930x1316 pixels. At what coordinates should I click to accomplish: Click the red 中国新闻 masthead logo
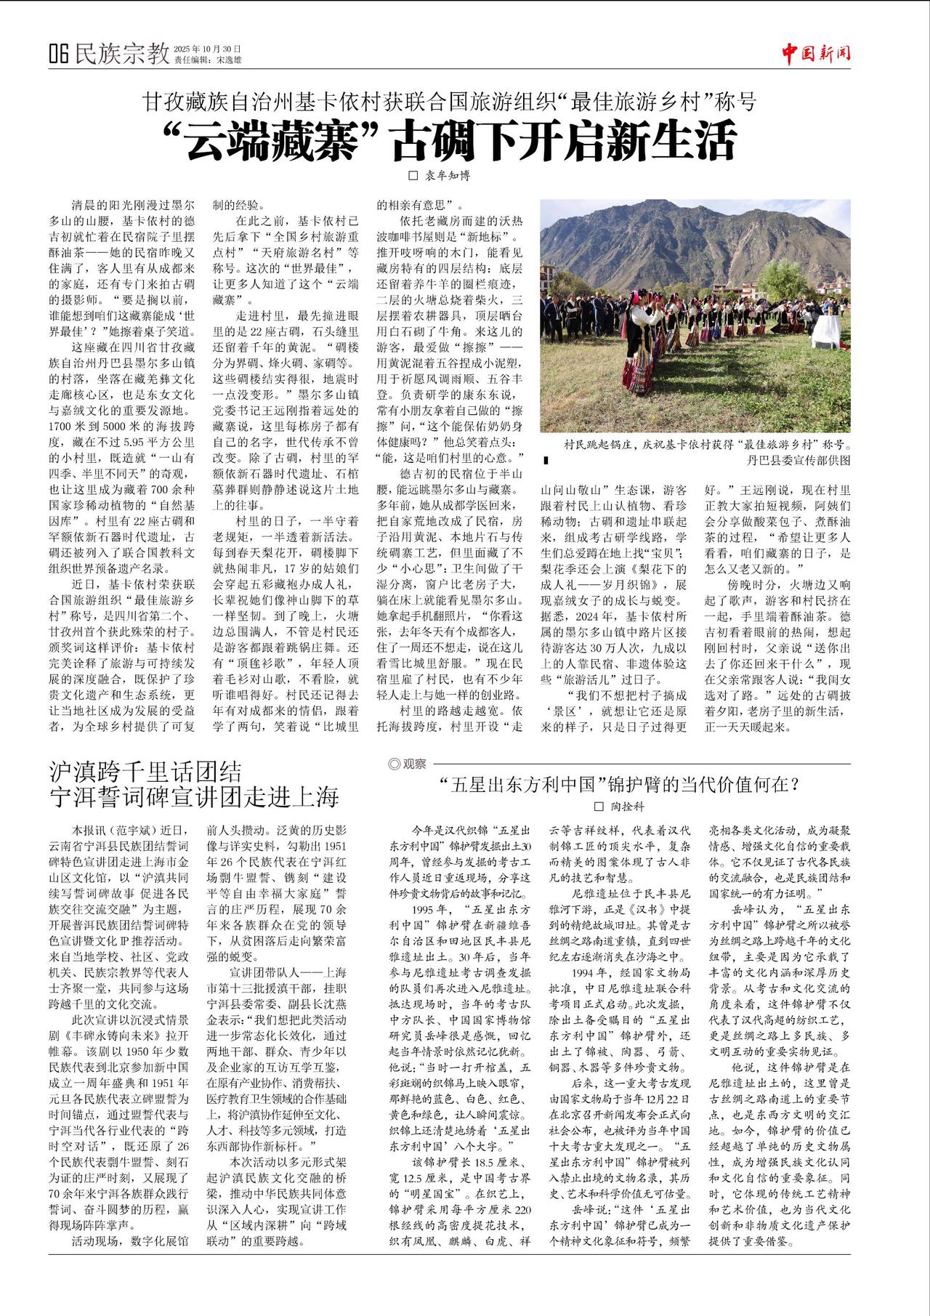pos(816,53)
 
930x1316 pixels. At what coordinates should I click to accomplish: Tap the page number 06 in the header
pos(59,54)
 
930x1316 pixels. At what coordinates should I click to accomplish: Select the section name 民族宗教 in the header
pos(122,53)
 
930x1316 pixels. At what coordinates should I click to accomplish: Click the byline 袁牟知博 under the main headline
pos(448,175)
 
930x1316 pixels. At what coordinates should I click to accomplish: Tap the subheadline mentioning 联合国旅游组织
pos(450,102)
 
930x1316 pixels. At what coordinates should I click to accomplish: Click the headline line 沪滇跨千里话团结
pos(145,772)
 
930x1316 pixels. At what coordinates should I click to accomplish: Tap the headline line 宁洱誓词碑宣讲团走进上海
pos(194,797)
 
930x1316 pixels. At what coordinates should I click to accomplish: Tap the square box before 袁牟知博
pos(414,176)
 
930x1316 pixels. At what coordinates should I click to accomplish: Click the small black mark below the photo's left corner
pos(546,461)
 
